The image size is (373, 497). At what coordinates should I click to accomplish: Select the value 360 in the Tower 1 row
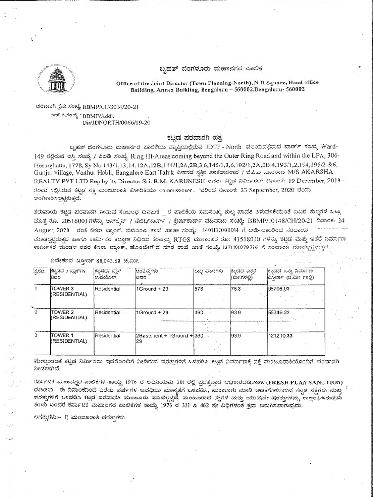(199, 335)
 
